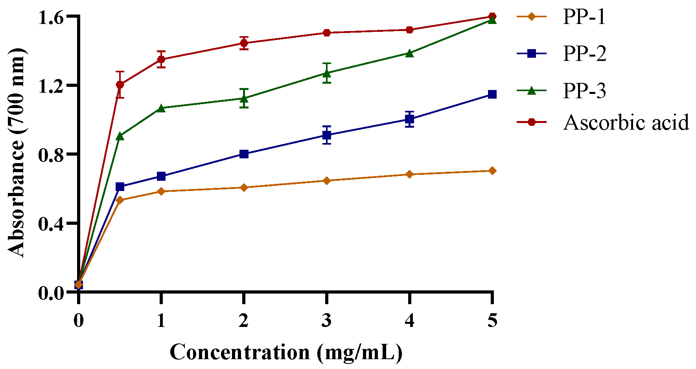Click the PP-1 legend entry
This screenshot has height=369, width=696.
(x=584, y=17)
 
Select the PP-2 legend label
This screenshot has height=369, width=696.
(x=584, y=53)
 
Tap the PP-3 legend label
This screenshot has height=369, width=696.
(x=584, y=90)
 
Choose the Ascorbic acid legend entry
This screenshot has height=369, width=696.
(x=626, y=122)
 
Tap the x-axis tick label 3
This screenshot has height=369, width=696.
(x=326, y=321)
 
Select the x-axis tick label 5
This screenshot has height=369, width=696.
(x=492, y=321)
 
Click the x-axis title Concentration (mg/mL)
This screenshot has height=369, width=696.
(x=286, y=352)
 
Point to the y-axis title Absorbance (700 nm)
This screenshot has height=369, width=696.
(x=17, y=153)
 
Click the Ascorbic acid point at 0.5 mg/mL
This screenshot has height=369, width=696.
(x=120, y=84)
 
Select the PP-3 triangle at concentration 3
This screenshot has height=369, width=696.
(x=326, y=73)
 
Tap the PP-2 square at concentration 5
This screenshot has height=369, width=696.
(x=492, y=94)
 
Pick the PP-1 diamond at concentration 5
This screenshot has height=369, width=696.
(x=492, y=171)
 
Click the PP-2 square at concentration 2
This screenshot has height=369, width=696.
(x=244, y=154)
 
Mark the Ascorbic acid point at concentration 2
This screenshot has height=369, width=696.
(x=244, y=43)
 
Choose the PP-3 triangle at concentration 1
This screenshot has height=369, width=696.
(x=161, y=108)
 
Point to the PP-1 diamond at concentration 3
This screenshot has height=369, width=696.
(x=326, y=181)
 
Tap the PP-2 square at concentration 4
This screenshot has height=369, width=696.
(x=409, y=119)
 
